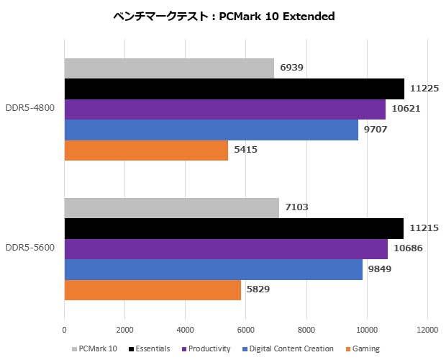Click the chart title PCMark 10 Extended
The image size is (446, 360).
click(x=224, y=17)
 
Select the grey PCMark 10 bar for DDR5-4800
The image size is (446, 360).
click(x=169, y=69)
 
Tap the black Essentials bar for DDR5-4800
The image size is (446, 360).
click(x=234, y=89)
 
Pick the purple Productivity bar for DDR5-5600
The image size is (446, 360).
click(x=226, y=249)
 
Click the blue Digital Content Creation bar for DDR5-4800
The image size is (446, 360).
click(x=211, y=130)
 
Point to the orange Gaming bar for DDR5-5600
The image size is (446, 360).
click(x=153, y=289)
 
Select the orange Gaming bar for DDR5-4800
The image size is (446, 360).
click(x=146, y=150)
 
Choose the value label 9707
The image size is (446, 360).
click(x=376, y=130)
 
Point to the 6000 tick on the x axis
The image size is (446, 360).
click(x=246, y=330)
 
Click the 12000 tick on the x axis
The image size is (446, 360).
click(x=427, y=330)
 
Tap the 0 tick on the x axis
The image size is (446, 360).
click(x=65, y=330)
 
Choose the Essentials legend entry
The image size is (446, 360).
click(x=151, y=349)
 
